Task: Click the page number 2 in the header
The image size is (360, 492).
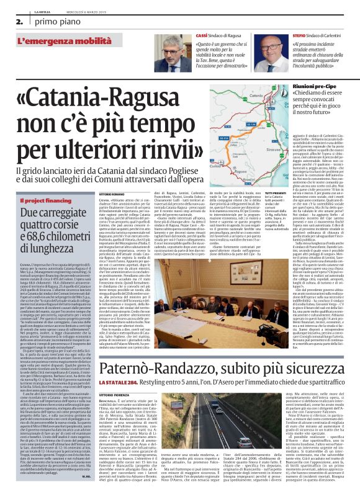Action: tap(9, 20)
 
